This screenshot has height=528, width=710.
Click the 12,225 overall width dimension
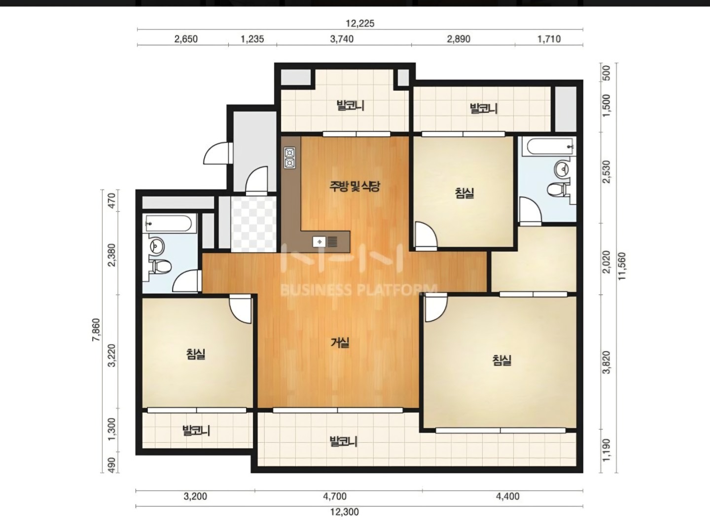(x=360, y=24)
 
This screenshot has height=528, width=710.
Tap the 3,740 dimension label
(x=342, y=39)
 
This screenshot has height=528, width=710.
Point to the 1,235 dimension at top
(x=252, y=39)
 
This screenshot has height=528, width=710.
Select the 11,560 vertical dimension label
(x=622, y=266)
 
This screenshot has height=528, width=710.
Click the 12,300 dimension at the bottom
(x=345, y=512)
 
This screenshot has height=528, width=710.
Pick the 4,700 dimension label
(x=335, y=496)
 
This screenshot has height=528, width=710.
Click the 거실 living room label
(x=340, y=343)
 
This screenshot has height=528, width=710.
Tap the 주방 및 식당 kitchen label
(x=355, y=186)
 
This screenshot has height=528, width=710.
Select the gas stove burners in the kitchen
(x=290, y=158)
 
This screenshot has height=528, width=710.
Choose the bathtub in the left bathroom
(x=168, y=223)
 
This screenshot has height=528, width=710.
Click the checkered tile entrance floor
(x=253, y=224)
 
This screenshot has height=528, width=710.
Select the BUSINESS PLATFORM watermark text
(x=358, y=290)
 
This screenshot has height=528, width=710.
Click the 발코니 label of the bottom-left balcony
(x=196, y=430)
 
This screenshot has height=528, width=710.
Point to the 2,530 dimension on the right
(x=606, y=172)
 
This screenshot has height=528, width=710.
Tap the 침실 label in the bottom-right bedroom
(x=502, y=361)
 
